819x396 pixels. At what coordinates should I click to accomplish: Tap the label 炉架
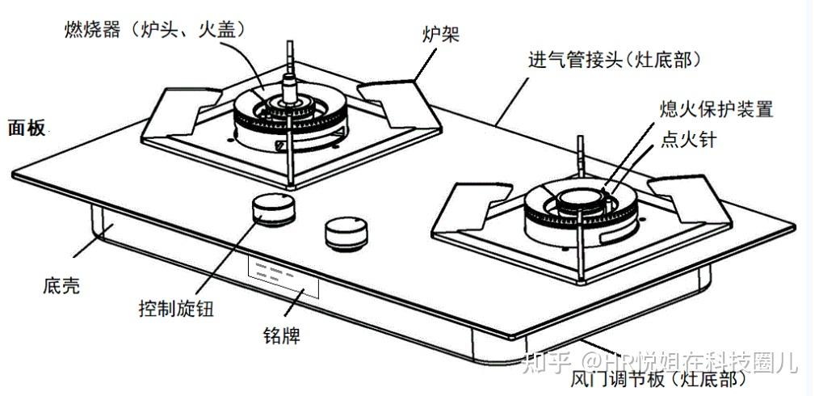[x=436, y=33]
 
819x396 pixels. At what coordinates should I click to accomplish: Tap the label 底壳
[x=61, y=285]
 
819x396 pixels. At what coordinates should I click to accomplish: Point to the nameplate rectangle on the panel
[x=283, y=277]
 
